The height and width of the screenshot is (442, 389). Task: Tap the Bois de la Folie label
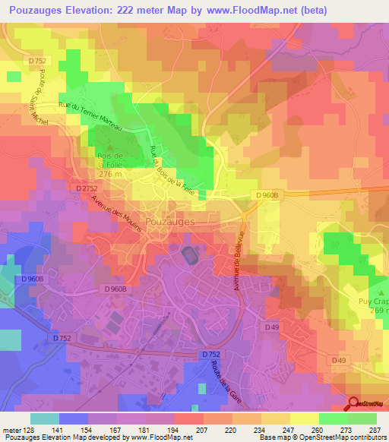pyautogui.click(x=111, y=165)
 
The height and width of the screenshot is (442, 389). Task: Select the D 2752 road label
pyautogui.click(x=88, y=187)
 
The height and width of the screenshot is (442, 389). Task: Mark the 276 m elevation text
pyautogui.click(x=112, y=175)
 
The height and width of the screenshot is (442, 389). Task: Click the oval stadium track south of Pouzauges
pyautogui.click(x=187, y=256)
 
